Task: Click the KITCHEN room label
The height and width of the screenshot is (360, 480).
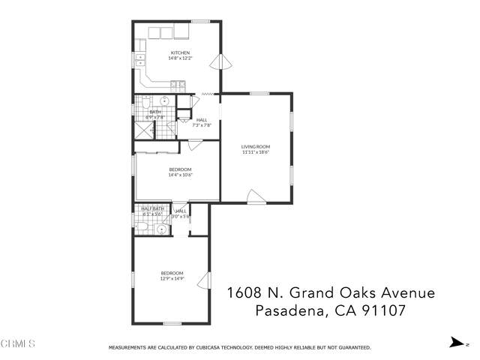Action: click(x=179, y=52)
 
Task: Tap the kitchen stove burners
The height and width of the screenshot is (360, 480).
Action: click(x=178, y=86)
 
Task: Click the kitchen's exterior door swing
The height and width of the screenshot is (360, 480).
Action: click(x=218, y=61)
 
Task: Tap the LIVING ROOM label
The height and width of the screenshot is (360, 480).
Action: click(x=255, y=146)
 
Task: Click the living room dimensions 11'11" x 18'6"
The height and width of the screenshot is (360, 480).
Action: click(x=255, y=152)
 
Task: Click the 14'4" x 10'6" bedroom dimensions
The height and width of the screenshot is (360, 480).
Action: click(x=180, y=175)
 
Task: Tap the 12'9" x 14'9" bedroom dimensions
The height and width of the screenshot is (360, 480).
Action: click(x=172, y=278)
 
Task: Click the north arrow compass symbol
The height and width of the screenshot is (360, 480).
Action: click(x=455, y=342)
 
